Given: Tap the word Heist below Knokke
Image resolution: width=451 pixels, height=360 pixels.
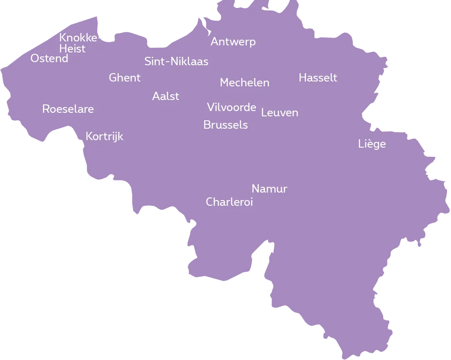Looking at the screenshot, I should click(72, 48).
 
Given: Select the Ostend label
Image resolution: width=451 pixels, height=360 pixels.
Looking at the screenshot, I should click(49, 59).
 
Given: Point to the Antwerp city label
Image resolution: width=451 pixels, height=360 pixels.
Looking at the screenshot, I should click(233, 42).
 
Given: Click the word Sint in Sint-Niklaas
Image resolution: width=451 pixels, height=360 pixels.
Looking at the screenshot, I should click(153, 62).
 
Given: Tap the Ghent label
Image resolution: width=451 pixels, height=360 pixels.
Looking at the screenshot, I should click(125, 78).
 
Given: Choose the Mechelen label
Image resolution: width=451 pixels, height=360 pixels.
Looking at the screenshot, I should click(244, 83).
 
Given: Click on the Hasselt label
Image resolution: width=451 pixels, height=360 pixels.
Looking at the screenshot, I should click(317, 78).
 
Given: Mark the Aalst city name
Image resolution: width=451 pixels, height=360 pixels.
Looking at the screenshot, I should click(165, 96).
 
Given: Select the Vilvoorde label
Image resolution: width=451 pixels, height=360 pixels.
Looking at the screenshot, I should click(231, 107).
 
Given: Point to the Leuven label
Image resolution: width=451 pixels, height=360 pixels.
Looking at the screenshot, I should click(280, 113).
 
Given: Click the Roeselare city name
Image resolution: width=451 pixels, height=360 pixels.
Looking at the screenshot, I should click(68, 109).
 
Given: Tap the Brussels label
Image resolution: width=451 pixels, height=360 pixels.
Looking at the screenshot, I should click(225, 125).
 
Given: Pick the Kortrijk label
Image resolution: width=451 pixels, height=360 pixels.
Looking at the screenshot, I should click(104, 137).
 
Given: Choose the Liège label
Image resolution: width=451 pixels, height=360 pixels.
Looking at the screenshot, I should click(372, 144).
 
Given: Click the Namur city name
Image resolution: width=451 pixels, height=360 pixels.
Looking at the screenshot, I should click(269, 189).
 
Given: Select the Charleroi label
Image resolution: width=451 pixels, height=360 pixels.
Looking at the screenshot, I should click(229, 202).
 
